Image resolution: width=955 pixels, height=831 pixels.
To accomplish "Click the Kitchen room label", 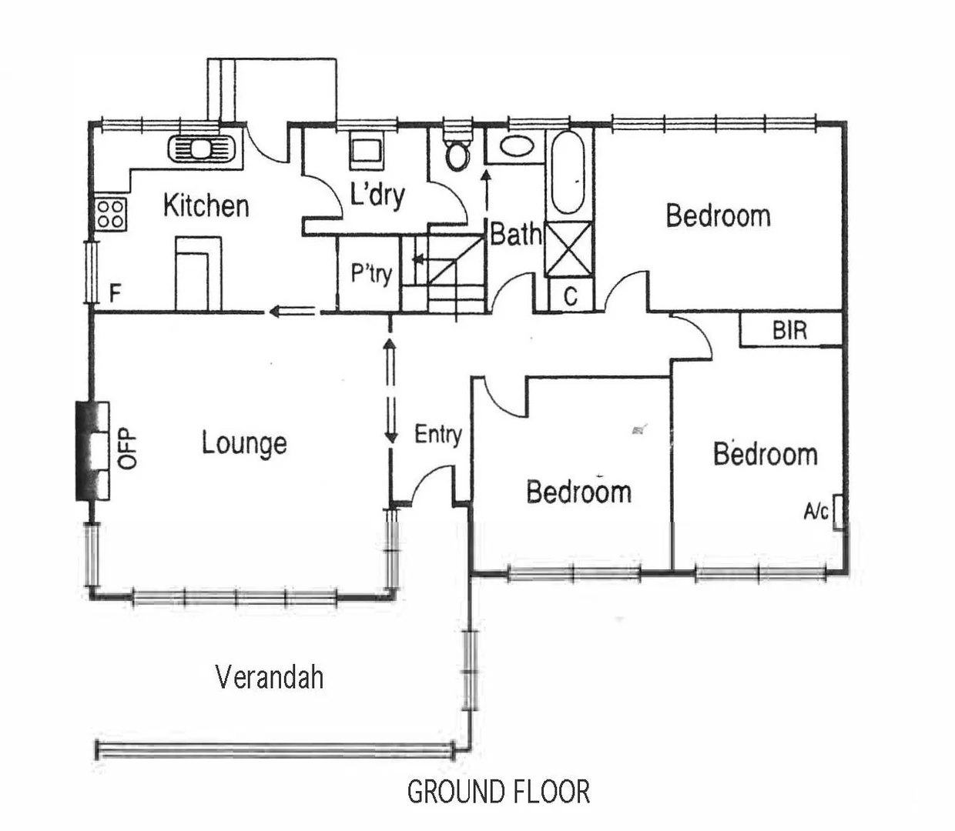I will (206, 206).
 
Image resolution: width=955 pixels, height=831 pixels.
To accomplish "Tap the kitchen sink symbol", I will (201, 148).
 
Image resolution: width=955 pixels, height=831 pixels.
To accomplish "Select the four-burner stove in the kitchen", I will (111, 213).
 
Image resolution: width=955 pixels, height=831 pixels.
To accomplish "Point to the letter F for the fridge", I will (116, 293).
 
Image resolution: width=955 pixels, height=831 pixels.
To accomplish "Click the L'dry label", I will (377, 195).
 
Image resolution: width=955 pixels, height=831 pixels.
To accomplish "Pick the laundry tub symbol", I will (366, 150).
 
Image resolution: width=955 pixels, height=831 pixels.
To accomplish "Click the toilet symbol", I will (459, 151).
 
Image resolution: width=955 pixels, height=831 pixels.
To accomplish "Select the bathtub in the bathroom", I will (568, 173).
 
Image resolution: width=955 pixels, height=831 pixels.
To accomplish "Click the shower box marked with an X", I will (568, 249).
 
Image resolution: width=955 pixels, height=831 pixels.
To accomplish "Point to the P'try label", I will (371, 273).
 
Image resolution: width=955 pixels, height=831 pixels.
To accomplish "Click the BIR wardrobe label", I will (789, 331).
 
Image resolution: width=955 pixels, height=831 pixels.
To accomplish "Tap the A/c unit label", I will (816, 511).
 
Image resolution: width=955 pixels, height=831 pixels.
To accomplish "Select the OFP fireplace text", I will (128, 448).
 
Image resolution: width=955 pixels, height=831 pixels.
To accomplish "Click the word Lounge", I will (244, 444).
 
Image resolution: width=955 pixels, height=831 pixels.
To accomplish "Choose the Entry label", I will (437, 435).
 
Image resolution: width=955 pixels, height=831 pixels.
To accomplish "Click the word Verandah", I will (269, 677).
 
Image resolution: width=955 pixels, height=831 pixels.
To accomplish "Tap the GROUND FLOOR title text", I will (498, 792).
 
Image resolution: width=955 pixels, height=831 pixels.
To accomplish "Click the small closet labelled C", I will (571, 297).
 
